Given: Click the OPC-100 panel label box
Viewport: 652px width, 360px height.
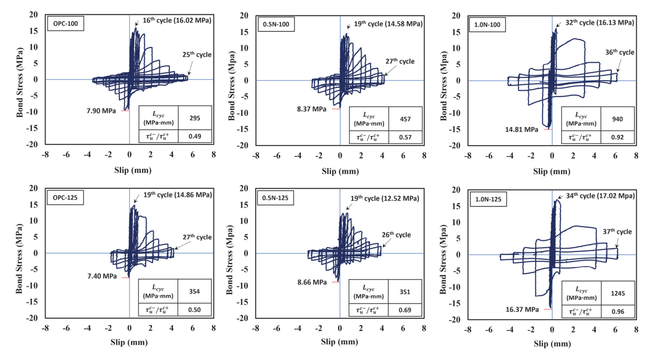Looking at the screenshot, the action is tap(65, 24).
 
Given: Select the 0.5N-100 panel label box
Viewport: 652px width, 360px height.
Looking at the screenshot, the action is tap(276, 25).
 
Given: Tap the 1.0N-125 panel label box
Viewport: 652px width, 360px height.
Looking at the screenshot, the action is tap(488, 200).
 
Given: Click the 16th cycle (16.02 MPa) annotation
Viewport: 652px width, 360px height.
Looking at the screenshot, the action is tap(177, 20).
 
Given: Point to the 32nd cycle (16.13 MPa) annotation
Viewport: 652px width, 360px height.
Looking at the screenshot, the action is tap(599, 22).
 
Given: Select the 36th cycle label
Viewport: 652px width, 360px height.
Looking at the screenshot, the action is tap(620, 52).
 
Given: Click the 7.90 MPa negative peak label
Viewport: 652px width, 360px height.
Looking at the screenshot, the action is tap(101, 111).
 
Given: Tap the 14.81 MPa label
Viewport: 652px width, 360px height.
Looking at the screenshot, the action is tap(522, 129).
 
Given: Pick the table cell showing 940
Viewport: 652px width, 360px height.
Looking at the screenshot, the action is tap(617, 119).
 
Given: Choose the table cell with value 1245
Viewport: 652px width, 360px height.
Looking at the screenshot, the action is tap(618, 293).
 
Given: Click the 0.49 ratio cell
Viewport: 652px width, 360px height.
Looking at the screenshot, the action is tap(195, 136).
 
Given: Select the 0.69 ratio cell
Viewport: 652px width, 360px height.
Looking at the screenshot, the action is tap(405, 310).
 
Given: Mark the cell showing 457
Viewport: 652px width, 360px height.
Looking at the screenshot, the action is tap(405, 119).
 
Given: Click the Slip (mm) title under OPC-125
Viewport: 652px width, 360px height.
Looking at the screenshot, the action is tap(129, 342).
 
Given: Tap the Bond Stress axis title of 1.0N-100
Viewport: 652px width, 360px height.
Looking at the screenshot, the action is tap(444, 86).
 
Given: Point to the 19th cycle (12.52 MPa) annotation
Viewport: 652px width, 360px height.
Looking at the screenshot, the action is tap(384, 198).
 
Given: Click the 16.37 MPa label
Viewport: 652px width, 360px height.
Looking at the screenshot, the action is tap(522, 309).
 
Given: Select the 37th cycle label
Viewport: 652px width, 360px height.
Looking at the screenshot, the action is tap(617, 232).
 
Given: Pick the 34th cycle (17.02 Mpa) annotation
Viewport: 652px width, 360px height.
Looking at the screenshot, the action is tap(600, 196).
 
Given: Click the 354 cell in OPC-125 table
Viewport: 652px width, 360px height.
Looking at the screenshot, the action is tap(195, 291).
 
